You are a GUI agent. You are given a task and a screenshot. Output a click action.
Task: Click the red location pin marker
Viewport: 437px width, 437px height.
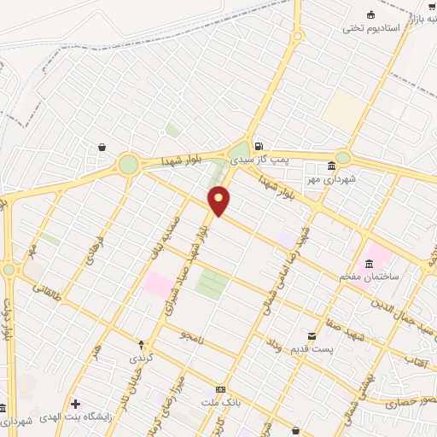tap(219, 200)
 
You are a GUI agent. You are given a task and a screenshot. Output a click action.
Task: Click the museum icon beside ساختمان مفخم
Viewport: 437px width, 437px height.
tap(369, 262)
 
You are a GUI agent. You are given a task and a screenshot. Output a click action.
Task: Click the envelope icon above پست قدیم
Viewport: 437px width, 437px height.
tap(312, 336)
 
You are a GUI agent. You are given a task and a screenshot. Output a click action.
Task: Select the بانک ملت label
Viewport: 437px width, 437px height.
tap(219, 401)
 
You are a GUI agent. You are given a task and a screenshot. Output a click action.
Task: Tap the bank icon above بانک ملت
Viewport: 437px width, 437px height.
tap(220, 388)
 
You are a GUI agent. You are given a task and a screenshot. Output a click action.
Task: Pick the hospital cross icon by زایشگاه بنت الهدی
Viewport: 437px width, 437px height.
tap(76, 403)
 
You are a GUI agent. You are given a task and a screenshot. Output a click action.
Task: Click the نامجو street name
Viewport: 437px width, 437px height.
tap(193, 338)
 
